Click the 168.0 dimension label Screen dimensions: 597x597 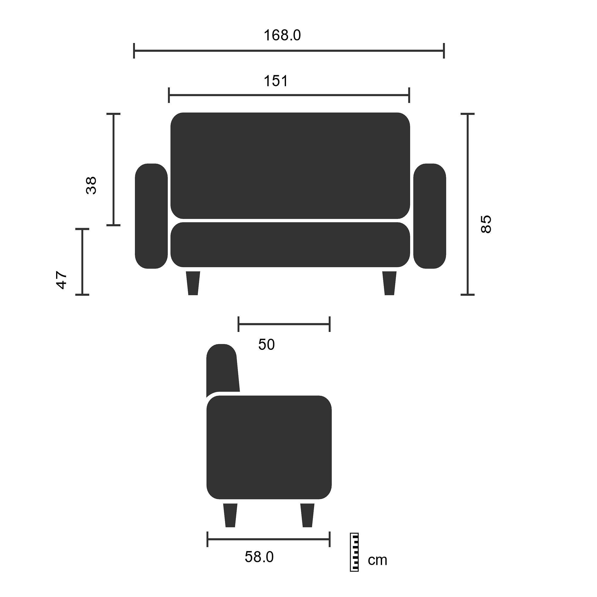tap(282, 35)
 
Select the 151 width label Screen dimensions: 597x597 tap(276, 81)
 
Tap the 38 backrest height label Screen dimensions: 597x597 tap(91, 185)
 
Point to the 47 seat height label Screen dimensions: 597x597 tap(61, 280)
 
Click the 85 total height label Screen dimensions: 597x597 tap(486, 224)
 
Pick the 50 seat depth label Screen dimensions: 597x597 tap(266, 344)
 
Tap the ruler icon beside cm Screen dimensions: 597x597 tap(354, 552)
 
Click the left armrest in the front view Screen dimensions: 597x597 tap(151, 216)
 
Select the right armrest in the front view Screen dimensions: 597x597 tap(430, 216)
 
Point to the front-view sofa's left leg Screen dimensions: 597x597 tap(193, 283)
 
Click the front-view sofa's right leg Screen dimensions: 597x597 tap(389, 283)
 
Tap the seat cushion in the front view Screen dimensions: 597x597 tap(290, 244)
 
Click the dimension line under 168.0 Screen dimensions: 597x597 tap(289, 51)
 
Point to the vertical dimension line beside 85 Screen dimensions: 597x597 tap(467, 204)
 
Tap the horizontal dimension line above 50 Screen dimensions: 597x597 tap(284, 324)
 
